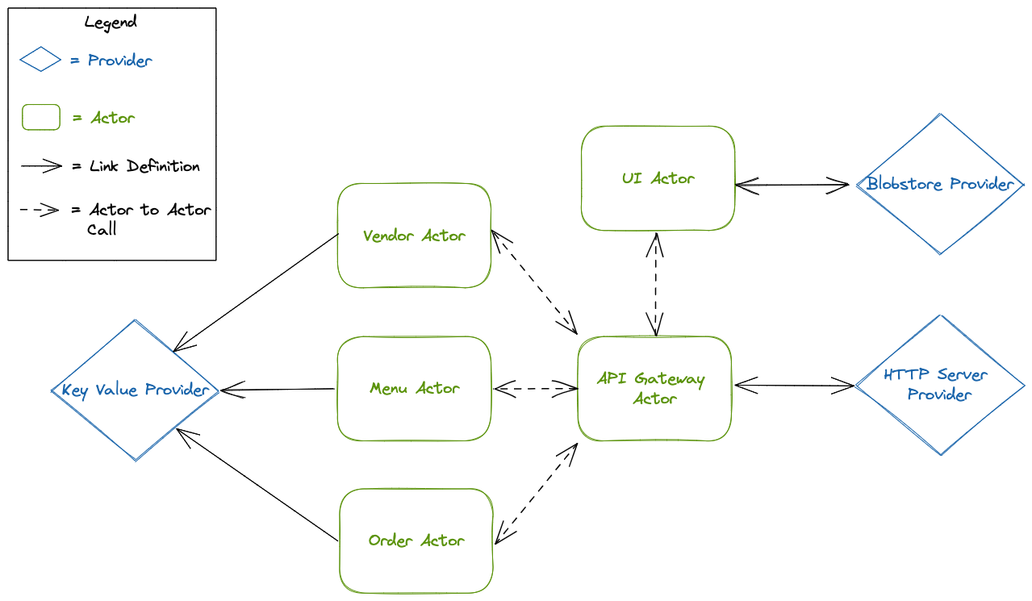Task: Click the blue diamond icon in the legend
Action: click(x=40, y=59)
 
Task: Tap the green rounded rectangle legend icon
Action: click(x=40, y=118)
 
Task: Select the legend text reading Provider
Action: click(x=119, y=61)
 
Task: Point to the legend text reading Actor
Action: click(x=113, y=118)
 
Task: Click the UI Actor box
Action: click(x=658, y=178)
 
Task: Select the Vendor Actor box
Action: click(x=414, y=236)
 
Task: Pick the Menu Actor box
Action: click(x=414, y=389)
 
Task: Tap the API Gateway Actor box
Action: click(x=654, y=389)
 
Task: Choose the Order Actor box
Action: click(x=416, y=540)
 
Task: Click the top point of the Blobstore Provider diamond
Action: click(x=940, y=115)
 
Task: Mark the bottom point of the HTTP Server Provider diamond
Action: click(x=940, y=454)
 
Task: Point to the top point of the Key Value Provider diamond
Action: click(x=135, y=321)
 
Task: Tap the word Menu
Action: click(x=389, y=389)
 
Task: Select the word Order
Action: click(x=391, y=540)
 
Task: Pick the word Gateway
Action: click(x=670, y=379)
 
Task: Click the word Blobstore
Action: click(x=905, y=184)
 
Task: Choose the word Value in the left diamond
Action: click(x=118, y=390)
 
